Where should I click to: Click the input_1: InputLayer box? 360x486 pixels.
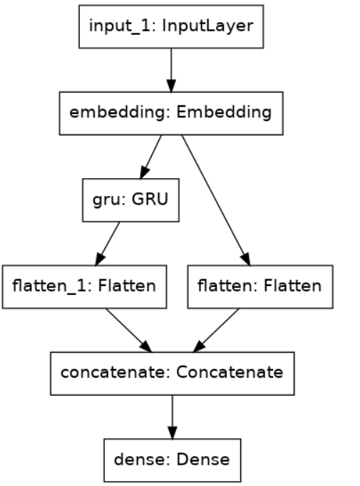pos(171,28)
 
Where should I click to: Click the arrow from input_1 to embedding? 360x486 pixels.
pos(171,71)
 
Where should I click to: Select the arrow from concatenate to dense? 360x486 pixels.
pos(171,418)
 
